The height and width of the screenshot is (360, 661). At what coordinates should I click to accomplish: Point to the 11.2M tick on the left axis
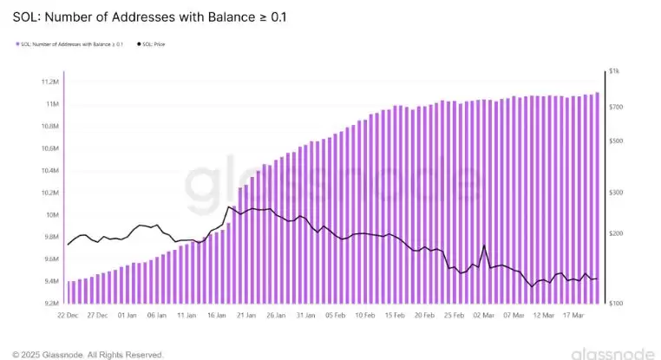click(x=49, y=82)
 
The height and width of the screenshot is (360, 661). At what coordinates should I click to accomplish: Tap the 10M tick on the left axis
click(x=51, y=215)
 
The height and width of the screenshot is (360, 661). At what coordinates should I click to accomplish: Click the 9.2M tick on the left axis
click(x=49, y=304)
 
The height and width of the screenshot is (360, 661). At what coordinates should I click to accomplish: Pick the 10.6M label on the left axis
click(x=49, y=149)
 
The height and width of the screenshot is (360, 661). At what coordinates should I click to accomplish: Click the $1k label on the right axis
click(x=614, y=71)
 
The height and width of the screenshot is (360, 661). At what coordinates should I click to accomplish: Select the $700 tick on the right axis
click(x=616, y=107)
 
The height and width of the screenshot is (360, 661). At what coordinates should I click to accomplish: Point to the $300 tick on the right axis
click(x=616, y=193)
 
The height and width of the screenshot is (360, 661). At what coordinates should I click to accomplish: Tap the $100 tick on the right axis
click(x=616, y=304)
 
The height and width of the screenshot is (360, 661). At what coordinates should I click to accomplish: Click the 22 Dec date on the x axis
click(x=69, y=316)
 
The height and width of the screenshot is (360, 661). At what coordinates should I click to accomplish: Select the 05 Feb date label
click(x=336, y=316)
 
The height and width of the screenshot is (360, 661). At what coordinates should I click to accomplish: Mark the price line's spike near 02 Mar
click(x=483, y=245)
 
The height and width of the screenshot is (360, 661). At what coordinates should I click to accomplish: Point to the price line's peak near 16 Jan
click(x=227, y=206)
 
